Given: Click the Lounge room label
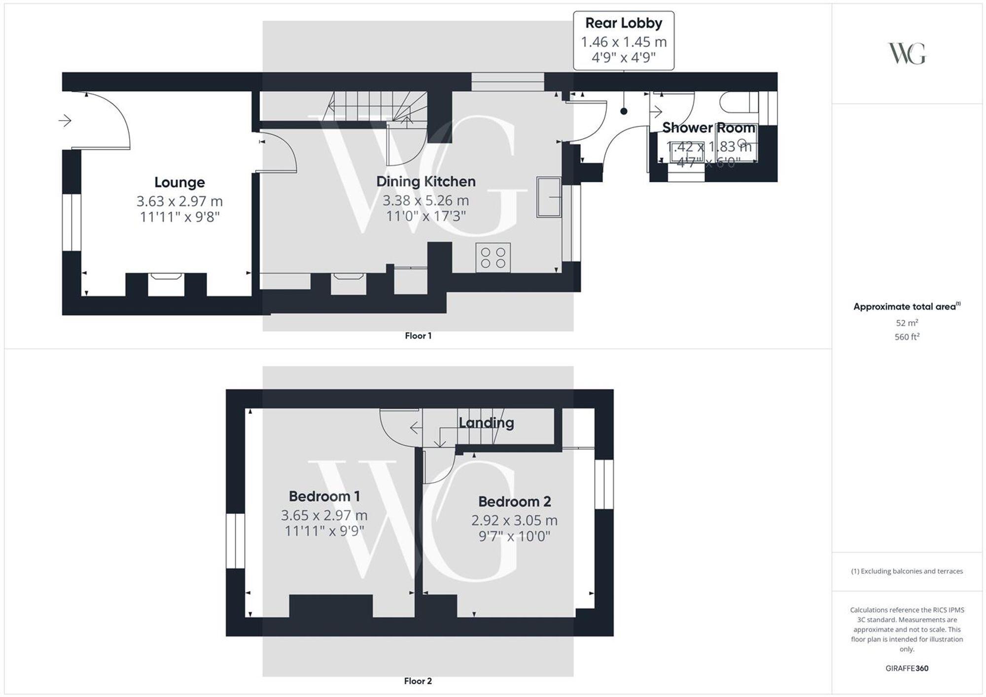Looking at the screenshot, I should click(x=179, y=182).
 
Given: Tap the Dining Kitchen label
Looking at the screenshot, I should click(x=426, y=181).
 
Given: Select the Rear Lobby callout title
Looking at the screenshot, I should click(x=624, y=23).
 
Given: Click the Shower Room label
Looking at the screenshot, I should click(x=708, y=128).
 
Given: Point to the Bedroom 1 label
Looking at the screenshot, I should click(x=324, y=496).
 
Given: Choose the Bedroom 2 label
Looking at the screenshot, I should click(x=514, y=501).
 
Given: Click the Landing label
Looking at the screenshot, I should click(x=486, y=423).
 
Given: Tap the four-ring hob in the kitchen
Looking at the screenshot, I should click(x=493, y=258).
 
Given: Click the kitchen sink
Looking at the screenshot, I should click(x=549, y=197).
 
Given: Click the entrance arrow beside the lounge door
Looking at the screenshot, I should click(x=65, y=120).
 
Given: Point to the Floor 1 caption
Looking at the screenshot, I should click(x=418, y=336).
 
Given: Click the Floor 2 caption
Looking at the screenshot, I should click(x=418, y=681).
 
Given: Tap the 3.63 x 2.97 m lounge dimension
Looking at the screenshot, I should click(x=179, y=201).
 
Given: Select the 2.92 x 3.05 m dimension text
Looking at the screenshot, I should click(x=514, y=520).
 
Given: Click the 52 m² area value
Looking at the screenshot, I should click(x=907, y=323).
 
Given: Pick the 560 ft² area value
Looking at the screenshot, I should click(x=907, y=337).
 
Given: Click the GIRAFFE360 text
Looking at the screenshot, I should click(x=907, y=668).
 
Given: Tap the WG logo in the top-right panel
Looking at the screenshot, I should click(x=907, y=54).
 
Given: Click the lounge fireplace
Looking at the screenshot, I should click(x=166, y=284).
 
